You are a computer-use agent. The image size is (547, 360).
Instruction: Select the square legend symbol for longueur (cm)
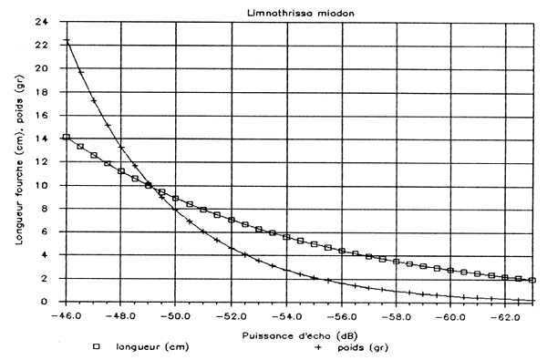[x=95, y=347]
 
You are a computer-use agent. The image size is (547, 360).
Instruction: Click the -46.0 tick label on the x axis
[x=66, y=315]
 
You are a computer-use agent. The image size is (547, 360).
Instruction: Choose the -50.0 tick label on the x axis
[x=176, y=315]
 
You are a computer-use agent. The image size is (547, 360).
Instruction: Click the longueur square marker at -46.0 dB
[x=66, y=137]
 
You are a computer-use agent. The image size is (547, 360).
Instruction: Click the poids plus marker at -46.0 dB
[x=66, y=40]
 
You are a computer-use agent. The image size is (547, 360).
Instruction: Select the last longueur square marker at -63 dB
[x=532, y=280]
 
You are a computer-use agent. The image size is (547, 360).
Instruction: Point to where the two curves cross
[x=150, y=186]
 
